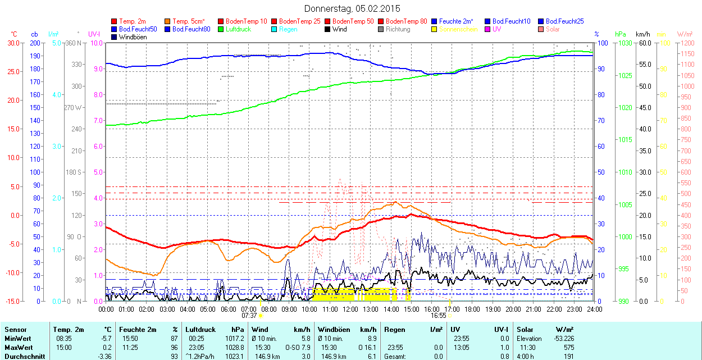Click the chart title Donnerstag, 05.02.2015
pos(352,8)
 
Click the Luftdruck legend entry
pos(238,29)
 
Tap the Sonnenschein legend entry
pos(458,29)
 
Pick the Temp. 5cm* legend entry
pos(188,21)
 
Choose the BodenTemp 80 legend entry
pos(407,21)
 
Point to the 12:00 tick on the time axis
pos(350,309)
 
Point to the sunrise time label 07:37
pos(249,316)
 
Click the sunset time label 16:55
pos(439,316)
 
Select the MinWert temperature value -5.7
pos(105,339)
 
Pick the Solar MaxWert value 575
pos(569,348)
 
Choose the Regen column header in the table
pos(395,330)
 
